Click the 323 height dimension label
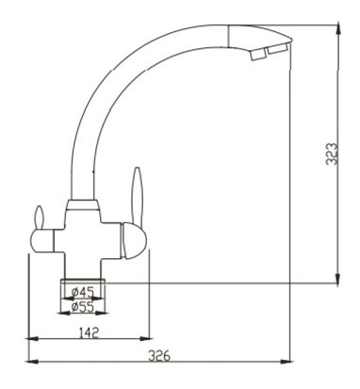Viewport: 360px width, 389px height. [x=332, y=154]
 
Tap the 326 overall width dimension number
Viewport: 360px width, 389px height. [x=159, y=356]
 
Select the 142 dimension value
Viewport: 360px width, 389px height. [x=89, y=332]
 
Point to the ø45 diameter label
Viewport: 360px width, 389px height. [x=83, y=293]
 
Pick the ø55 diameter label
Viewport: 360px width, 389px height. [x=83, y=307]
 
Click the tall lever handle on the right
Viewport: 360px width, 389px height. [x=138, y=195]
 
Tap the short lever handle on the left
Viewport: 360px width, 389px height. [x=39, y=218]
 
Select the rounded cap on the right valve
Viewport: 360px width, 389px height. [x=135, y=240]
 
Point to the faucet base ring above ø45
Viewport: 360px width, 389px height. [x=83, y=282]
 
